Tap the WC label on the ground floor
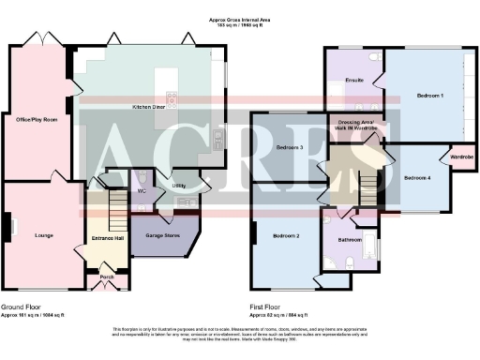click(x=142, y=190)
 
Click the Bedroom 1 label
click(x=428, y=95)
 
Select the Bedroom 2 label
click(x=285, y=235)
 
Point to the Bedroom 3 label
click(x=289, y=147)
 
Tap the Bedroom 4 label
click(x=417, y=177)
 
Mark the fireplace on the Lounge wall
click(x=12, y=227)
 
